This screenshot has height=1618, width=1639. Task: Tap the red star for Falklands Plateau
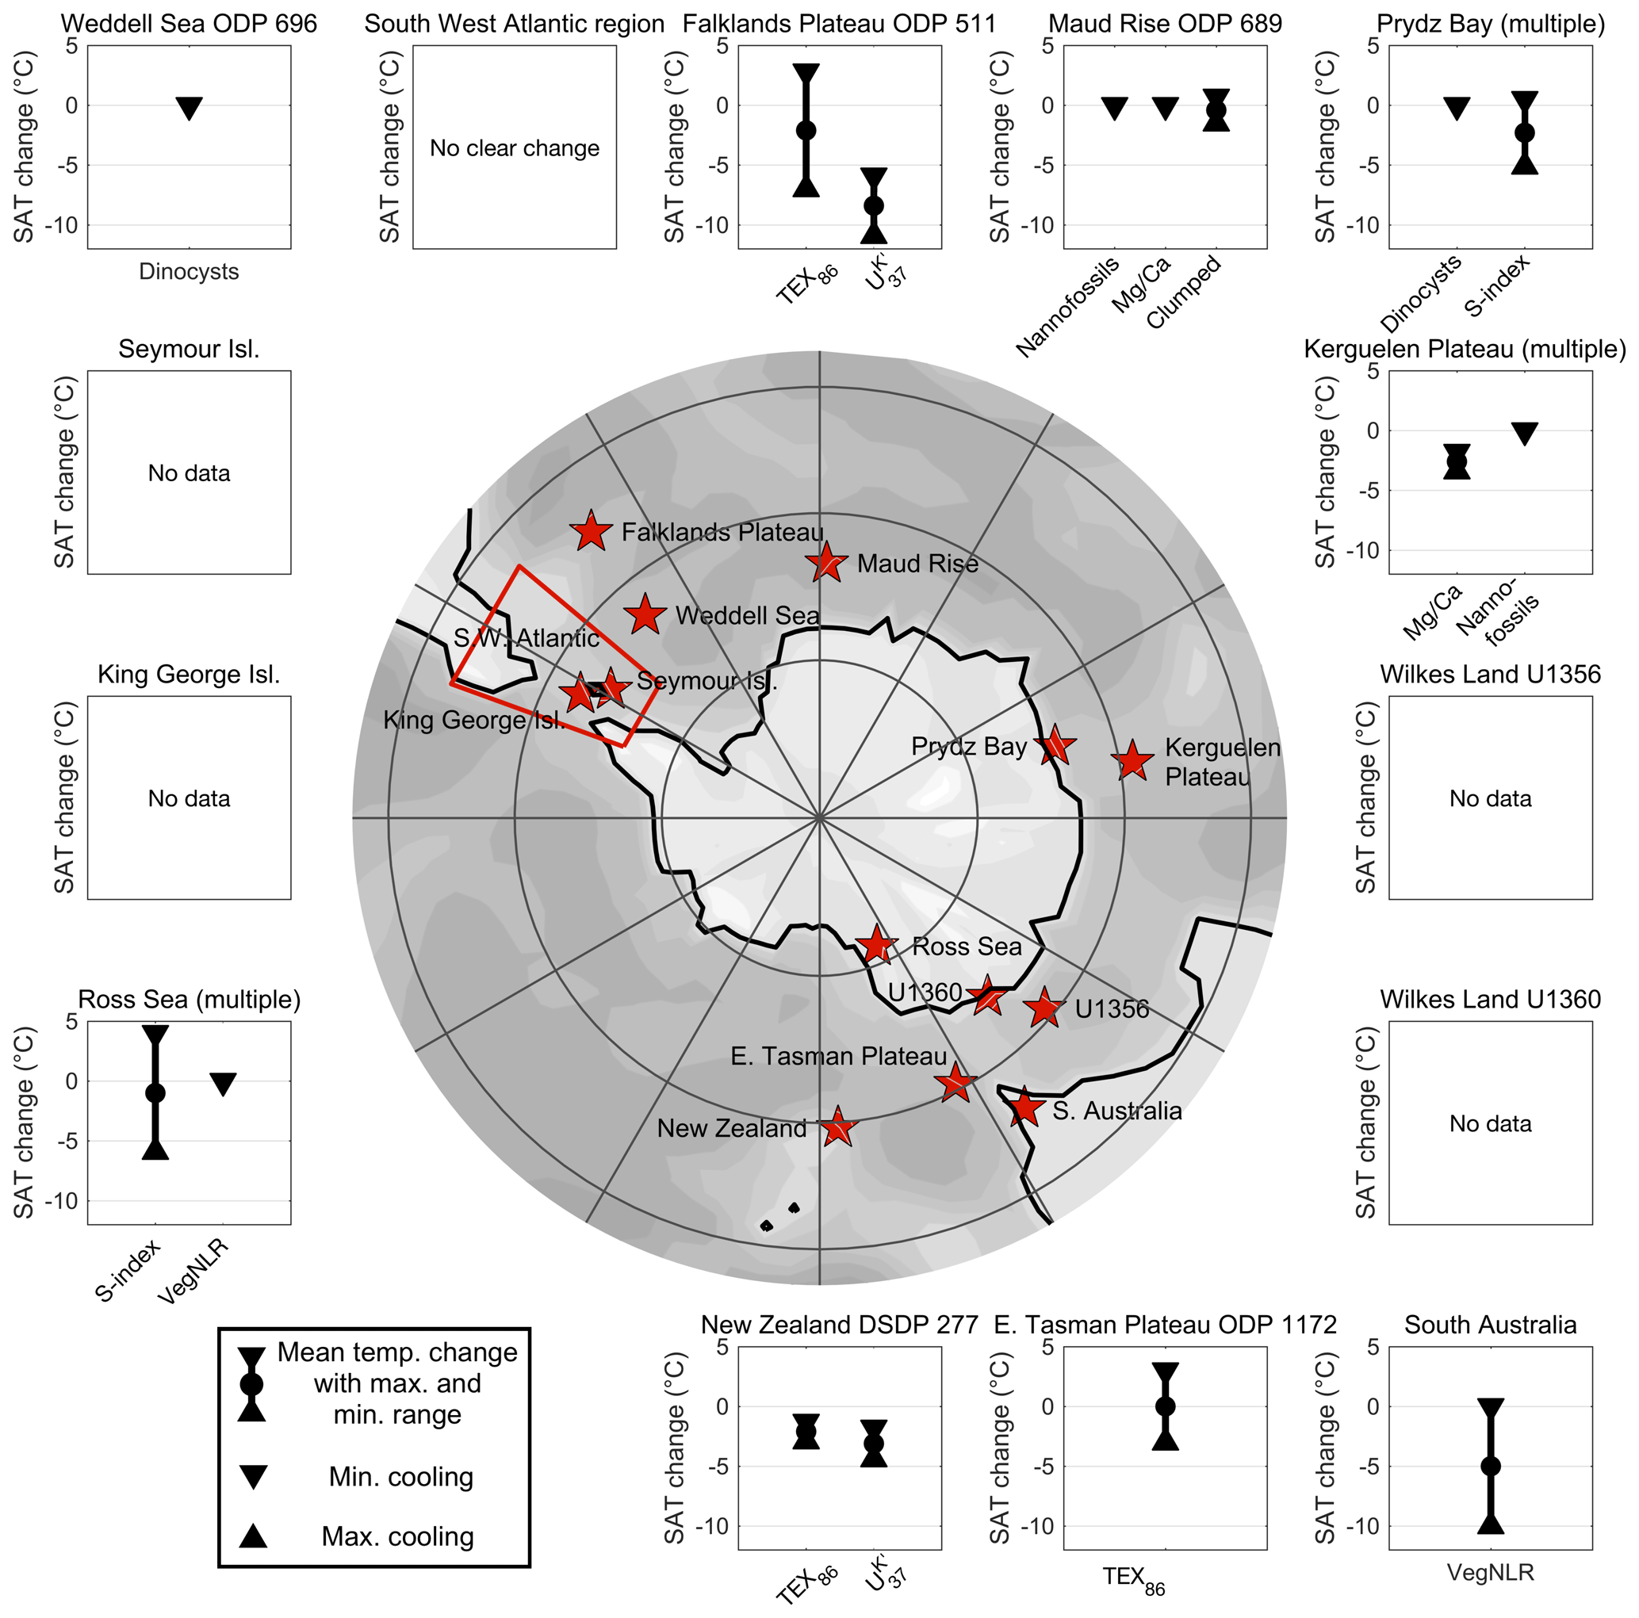tap(592, 533)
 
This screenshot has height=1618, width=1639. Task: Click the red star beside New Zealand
tap(838, 1127)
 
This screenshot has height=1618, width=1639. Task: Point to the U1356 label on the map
tap(1112, 1009)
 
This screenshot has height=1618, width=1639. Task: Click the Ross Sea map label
tap(967, 947)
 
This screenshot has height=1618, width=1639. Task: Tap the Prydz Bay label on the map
tap(969, 746)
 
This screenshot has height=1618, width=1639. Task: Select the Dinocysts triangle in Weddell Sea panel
tap(190, 108)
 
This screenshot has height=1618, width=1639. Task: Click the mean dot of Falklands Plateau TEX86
tap(806, 130)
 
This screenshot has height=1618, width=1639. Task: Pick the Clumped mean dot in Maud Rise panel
tap(1216, 110)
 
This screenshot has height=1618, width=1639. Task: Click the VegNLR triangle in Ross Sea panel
tap(223, 1084)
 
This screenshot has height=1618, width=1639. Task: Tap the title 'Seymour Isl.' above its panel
tap(190, 350)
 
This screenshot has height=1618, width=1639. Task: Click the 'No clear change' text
tap(514, 148)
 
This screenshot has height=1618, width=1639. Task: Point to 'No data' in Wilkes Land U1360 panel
tap(1491, 1123)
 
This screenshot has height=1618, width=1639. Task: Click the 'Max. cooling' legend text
tap(397, 1536)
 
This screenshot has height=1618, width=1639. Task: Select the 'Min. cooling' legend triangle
tap(253, 1476)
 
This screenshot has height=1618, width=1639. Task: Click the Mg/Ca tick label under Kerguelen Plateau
tap(1433, 611)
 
